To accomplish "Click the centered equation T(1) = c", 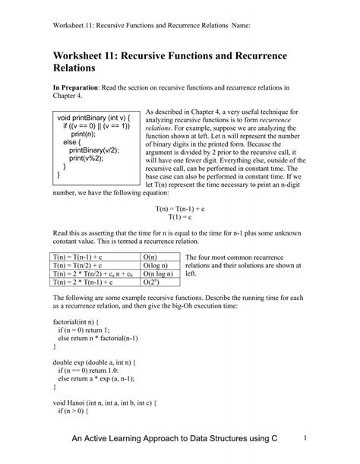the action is pos(179,216).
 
